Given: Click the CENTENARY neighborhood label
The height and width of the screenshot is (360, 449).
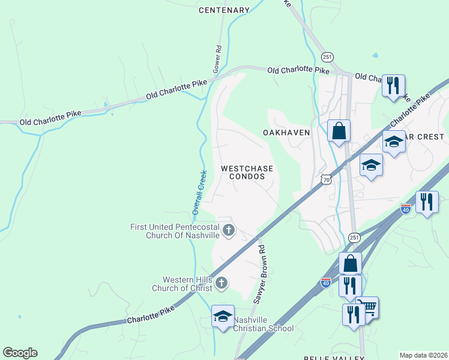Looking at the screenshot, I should [x=224, y=10].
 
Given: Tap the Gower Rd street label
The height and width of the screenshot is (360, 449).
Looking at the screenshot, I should [x=218, y=56].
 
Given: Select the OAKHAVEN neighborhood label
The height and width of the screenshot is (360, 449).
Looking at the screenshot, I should [x=286, y=133].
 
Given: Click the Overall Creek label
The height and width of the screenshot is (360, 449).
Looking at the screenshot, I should [x=199, y=193].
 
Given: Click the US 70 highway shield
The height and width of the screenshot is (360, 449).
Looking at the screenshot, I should [x=326, y=179].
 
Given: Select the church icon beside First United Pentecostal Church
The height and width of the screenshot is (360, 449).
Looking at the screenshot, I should [x=228, y=230].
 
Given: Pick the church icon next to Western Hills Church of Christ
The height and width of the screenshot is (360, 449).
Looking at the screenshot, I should [x=221, y=283].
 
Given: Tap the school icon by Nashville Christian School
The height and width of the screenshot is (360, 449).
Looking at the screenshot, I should [x=223, y=316].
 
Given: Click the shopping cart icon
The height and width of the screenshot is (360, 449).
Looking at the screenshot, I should [x=367, y=307].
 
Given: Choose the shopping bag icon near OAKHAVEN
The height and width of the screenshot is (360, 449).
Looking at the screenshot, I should [x=339, y=130].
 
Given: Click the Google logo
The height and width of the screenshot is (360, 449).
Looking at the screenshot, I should [x=20, y=353].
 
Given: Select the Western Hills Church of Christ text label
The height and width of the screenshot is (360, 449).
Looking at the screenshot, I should [x=188, y=284].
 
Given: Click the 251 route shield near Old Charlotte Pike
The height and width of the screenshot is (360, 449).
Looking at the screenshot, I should [x=327, y=57].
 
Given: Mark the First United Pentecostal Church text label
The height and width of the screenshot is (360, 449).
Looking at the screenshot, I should [x=175, y=231].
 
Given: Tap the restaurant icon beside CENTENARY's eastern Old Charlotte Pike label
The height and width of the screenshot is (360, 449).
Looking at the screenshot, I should [x=393, y=85].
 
